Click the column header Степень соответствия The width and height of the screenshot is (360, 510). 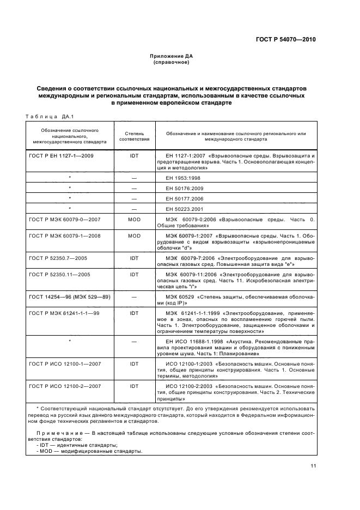[134, 136]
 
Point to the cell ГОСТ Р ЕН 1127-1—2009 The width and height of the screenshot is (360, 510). [61, 156]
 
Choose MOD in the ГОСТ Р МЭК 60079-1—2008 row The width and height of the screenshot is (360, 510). [134, 236]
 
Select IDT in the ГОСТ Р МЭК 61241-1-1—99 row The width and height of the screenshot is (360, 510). [134, 314]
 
